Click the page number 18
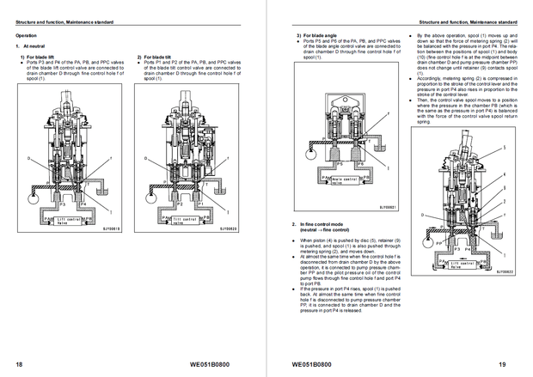tap(19, 363)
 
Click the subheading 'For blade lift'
tap(37, 57)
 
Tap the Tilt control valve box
tap(191, 218)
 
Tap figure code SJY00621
tap(389, 206)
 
